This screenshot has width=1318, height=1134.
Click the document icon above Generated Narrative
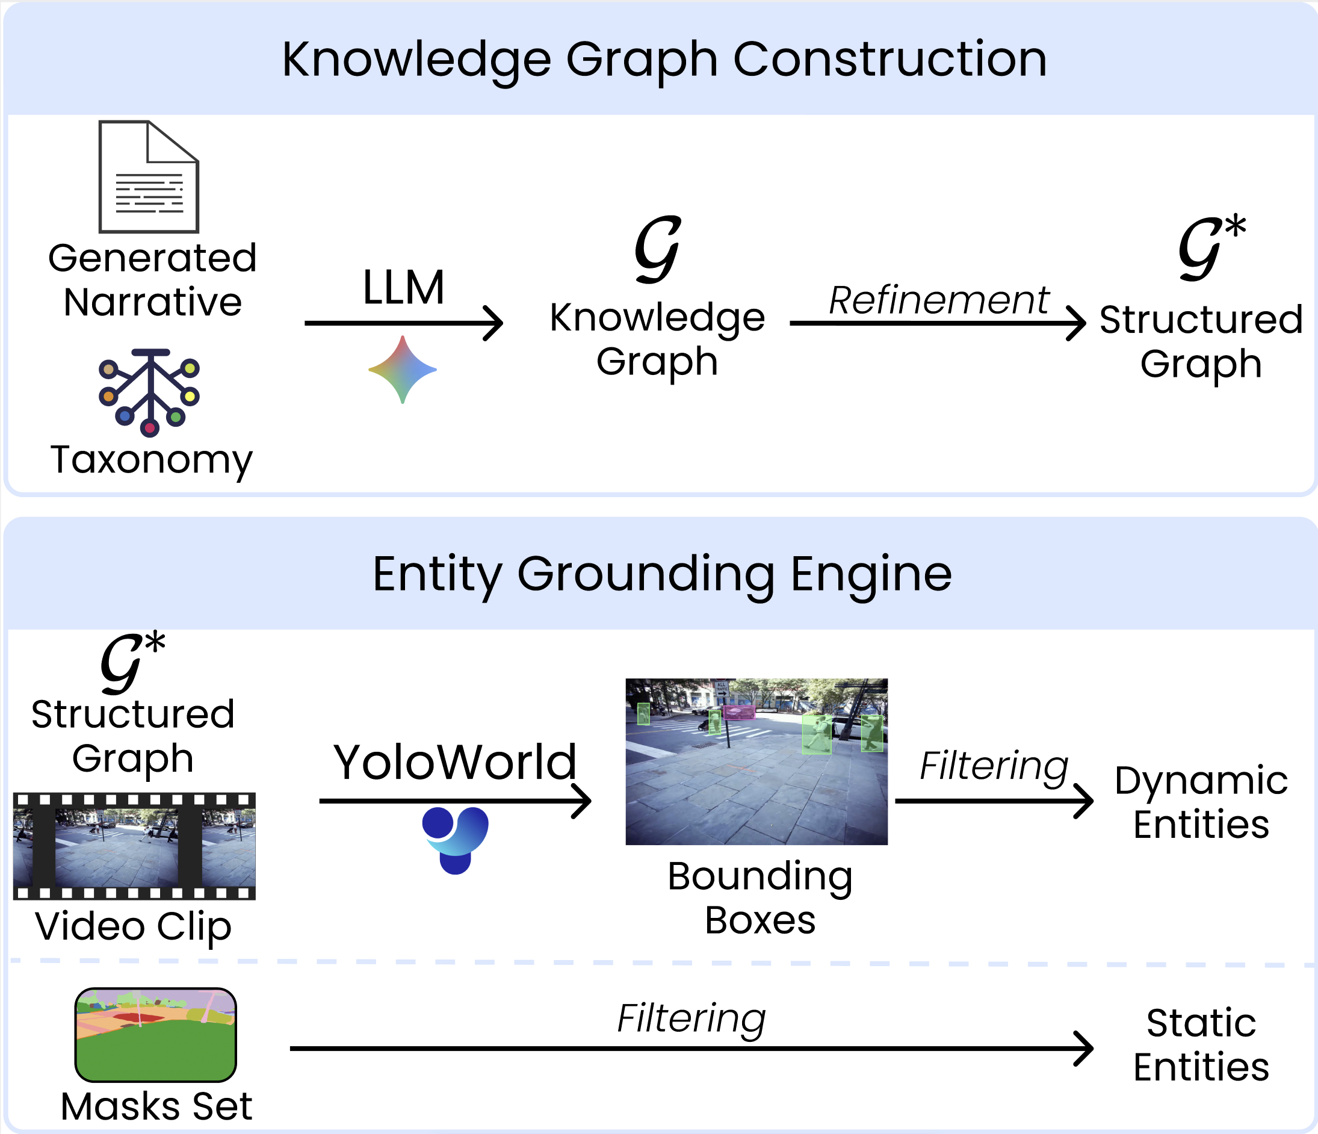tap(149, 177)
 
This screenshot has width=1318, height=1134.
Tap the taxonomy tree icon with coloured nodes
tap(150, 392)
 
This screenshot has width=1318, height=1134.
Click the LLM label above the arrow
tap(403, 288)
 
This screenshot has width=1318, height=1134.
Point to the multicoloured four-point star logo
tap(403, 370)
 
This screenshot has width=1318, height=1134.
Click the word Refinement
tap(938, 300)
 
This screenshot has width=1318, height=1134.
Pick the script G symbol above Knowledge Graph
tap(658, 249)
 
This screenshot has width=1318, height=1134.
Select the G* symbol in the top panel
tap(1210, 248)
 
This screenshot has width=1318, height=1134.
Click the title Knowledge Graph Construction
tap(664, 59)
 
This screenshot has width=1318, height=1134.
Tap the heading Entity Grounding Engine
tap(661, 574)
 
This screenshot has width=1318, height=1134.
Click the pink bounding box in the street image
tap(738, 713)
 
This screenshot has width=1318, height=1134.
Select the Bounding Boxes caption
tap(760, 898)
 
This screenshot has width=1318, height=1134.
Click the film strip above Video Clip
tap(134, 846)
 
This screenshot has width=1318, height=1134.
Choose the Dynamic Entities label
tap(1201, 802)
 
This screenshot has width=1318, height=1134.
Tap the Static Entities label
tap(1201, 1045)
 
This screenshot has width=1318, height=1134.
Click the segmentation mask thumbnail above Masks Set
tap(156, 1035)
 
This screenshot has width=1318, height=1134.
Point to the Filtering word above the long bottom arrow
tap(691, 1018)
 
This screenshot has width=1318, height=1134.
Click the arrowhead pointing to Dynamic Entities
tap(1083, 801)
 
